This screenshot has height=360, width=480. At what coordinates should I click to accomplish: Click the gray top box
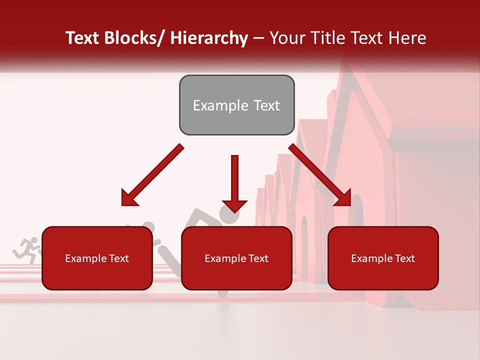pyautogui.click(x=236, y=105)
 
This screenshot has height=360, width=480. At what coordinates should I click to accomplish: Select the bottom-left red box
pyautogui.click(x=97, y=258)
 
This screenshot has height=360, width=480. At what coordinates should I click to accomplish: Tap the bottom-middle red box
pyautogui.click(x=236, y=258)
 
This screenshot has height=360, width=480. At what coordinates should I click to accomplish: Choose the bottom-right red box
pyautogui.click(x=383, y=258)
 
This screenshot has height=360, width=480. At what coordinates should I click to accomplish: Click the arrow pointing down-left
pyautogui.click(x=152, y=175)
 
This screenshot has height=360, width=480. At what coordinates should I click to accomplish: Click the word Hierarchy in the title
pyautogui.click(x=209, y=38)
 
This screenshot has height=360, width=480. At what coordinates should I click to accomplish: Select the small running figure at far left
pyautogui.click(x=27, y=250)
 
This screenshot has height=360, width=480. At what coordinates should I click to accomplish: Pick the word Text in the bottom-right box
pyautogui.click(x=404, y=258)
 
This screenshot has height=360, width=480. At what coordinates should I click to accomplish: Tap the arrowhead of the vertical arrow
pyautogui.click(x=234, y=205)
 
